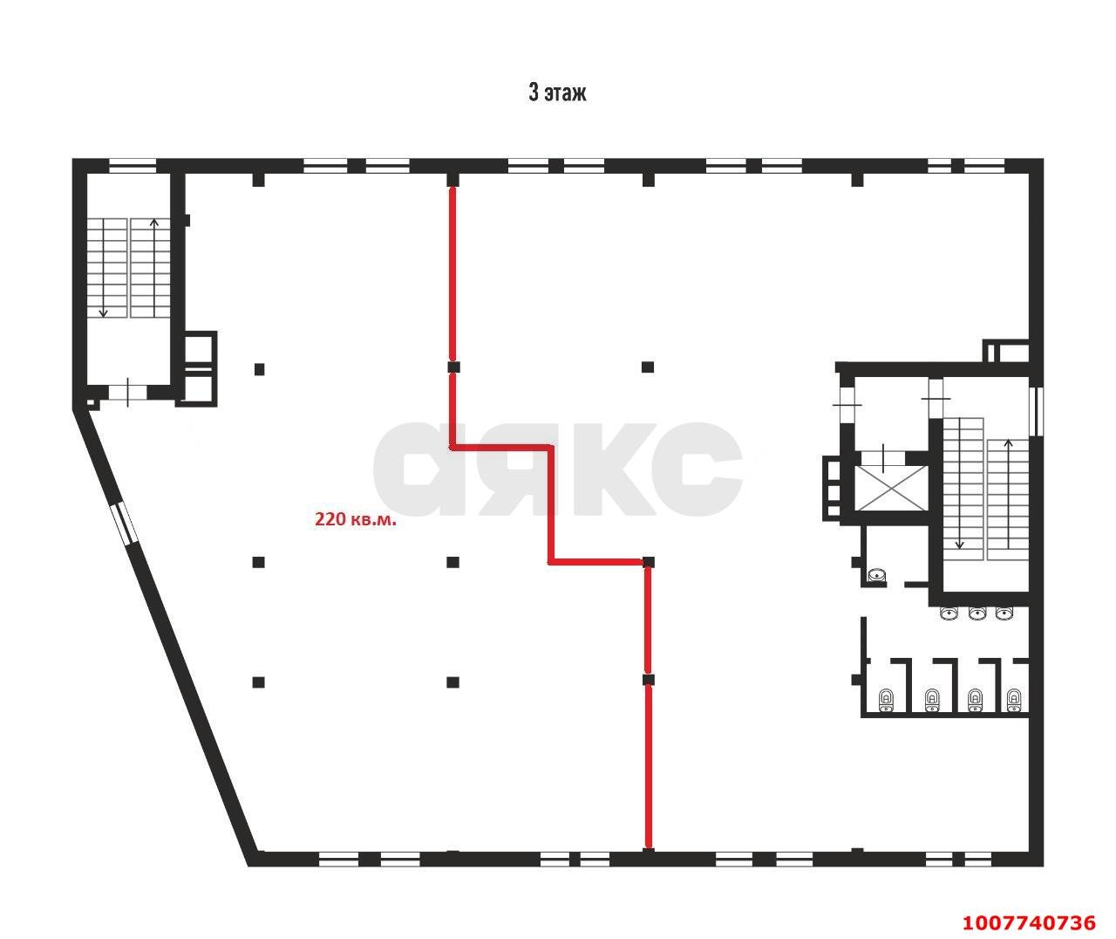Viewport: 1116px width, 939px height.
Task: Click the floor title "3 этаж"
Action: (557, 93)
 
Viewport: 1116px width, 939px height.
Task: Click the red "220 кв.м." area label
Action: (356, 519)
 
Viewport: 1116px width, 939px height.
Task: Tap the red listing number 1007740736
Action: (1029, 922)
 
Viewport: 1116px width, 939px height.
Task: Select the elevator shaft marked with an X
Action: (891, 488)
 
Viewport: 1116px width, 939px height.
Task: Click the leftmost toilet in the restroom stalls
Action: (887, 701)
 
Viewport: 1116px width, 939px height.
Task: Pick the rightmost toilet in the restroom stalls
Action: (1014, 701)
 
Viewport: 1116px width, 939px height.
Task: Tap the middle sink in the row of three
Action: (977, 613)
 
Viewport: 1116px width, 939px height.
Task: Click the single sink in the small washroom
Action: (875, 576)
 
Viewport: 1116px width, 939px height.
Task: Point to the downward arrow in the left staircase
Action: (103, 268)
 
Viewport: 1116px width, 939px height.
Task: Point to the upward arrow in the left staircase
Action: (154, 268)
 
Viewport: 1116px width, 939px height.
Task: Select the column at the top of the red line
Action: (453, 179)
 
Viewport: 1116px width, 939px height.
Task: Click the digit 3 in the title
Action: (534, 93)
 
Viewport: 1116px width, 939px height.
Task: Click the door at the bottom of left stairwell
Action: (127, 392)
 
